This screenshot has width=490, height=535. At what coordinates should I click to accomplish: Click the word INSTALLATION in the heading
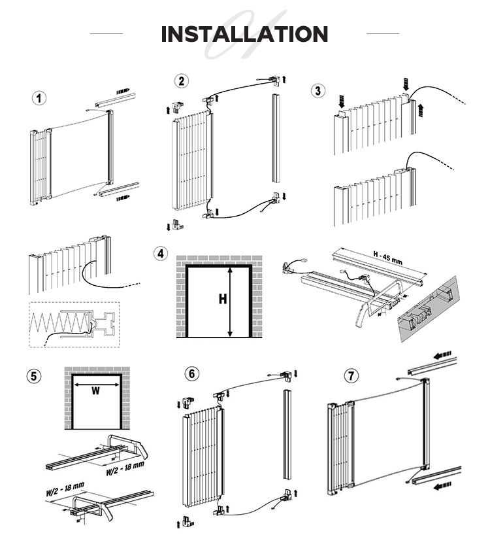[x=244, y=33]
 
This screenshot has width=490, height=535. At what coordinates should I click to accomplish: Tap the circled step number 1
[x=41, y=99]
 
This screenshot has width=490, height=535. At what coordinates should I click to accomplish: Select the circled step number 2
[x=181, y=80]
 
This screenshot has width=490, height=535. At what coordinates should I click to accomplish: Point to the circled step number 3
[x=318, y=90]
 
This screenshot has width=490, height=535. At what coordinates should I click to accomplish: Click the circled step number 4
[x=161, y=253]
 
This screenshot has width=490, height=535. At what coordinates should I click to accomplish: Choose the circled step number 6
[x=191, y=373]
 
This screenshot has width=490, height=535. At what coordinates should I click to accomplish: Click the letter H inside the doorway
[x=222, y=300]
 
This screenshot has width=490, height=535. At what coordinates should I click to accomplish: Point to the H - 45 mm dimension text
[x=389, y=254]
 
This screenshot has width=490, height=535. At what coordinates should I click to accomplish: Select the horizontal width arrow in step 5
[x=95, y=385]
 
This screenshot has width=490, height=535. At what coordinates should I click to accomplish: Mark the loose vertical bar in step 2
[x=274, y=137]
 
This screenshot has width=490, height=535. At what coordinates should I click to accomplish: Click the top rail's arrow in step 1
[x=123, y=91]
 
